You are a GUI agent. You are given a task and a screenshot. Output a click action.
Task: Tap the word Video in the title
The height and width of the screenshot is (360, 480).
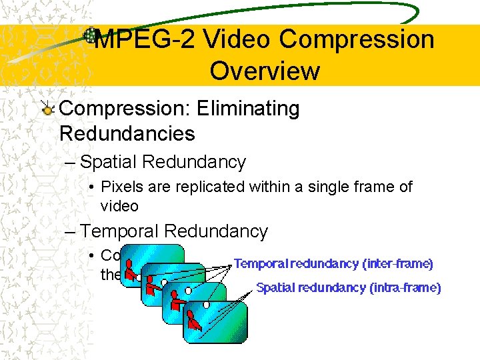point(237,40)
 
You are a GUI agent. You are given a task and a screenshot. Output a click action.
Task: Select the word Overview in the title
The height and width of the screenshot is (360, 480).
point(265,71)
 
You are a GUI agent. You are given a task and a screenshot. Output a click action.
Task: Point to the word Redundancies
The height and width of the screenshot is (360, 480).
point(127,133)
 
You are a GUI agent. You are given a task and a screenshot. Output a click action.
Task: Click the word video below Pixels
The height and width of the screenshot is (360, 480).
point(119,206)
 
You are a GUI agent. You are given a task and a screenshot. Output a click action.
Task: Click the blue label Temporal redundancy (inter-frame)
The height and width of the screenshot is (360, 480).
point(333,264)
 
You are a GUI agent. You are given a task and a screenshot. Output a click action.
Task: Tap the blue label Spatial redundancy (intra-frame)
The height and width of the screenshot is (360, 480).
point(349,288)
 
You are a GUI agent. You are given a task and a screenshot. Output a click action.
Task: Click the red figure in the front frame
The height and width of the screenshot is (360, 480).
point(194,321)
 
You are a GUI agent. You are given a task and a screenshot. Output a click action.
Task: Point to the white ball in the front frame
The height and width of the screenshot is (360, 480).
point(207,305)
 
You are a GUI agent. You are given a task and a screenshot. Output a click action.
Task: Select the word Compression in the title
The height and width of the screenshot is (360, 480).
point(357,40)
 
